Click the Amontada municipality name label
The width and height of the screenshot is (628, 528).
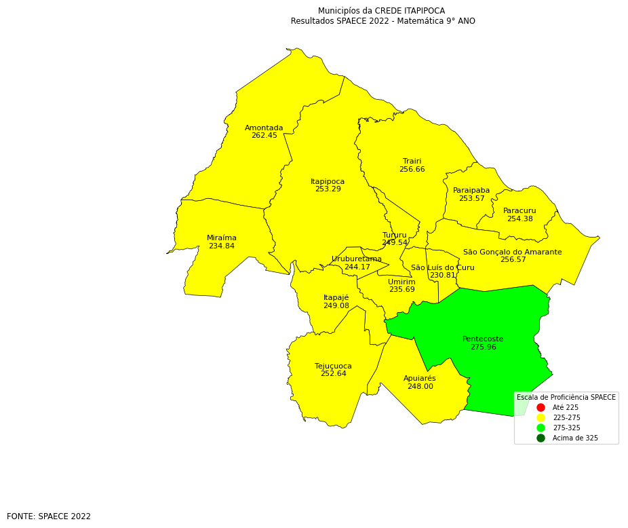point(264,128)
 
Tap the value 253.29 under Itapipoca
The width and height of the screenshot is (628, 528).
point(328,189)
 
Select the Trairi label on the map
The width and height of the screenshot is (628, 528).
point(412,162)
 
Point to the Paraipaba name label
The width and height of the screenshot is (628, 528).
point(471,191)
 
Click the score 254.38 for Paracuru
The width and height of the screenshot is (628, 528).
point(519,219)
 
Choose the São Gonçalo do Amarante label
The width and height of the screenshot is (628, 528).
point(512,252)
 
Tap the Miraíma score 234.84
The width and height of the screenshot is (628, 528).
point(221,246)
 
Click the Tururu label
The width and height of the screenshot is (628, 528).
point(394,235)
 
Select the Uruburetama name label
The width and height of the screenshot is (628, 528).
point(356,259)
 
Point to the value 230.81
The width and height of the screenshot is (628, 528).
point(442,276)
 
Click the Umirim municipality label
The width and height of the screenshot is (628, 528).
point(401,282)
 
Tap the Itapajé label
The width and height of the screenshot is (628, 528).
point(336,298)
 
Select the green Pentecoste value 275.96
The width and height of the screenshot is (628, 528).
point(483,347)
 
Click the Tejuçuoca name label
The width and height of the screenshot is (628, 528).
point(333,366)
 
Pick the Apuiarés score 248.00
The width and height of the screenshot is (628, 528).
point(420,387)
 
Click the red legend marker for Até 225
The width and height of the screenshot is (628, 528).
point(541,407)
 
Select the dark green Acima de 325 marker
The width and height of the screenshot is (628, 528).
point(541,438)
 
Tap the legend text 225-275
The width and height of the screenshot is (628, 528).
point(566,417)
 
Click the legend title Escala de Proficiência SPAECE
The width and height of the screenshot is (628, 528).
point(566,397)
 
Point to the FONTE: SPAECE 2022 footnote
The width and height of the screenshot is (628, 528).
point(49,516)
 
